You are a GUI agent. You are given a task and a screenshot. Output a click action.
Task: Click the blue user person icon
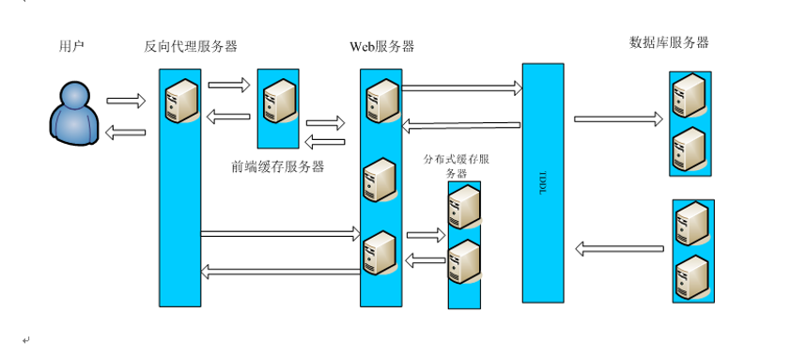click(x=74, y=116)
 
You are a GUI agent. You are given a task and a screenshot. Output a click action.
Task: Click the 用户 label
click(x=71, y=45)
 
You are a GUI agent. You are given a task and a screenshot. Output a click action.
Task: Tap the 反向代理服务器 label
click(x=190, y=45)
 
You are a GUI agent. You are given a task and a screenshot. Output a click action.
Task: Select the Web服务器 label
click(x=382, y=46)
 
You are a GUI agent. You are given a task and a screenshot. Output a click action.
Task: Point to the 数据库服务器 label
click(x=669, y=42)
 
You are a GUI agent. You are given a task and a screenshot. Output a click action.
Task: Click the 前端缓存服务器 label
click(x=278, y=166)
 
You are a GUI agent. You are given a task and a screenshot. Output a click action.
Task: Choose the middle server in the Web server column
click(x=380, y=180)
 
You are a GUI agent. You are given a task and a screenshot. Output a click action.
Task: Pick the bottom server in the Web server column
click(x=380, y=252)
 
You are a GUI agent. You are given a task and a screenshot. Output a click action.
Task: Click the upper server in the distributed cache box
click(x=464, y=208)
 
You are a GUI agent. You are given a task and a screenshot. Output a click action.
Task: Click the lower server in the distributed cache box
click(x=464, y=260)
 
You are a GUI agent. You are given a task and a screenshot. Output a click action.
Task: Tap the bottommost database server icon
click(x=692, y=275)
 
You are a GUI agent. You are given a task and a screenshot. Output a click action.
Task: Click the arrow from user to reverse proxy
click(x=126, y=101)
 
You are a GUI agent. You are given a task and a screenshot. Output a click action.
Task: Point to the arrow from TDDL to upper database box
click(x=618, y=119)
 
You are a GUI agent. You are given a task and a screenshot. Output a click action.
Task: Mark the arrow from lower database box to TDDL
click(x=618, y=249)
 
